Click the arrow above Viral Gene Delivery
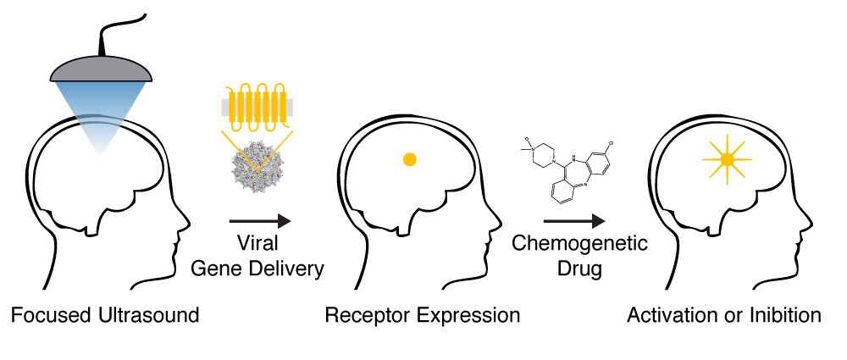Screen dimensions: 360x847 [260, 221]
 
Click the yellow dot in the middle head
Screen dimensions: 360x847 [409, 158]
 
